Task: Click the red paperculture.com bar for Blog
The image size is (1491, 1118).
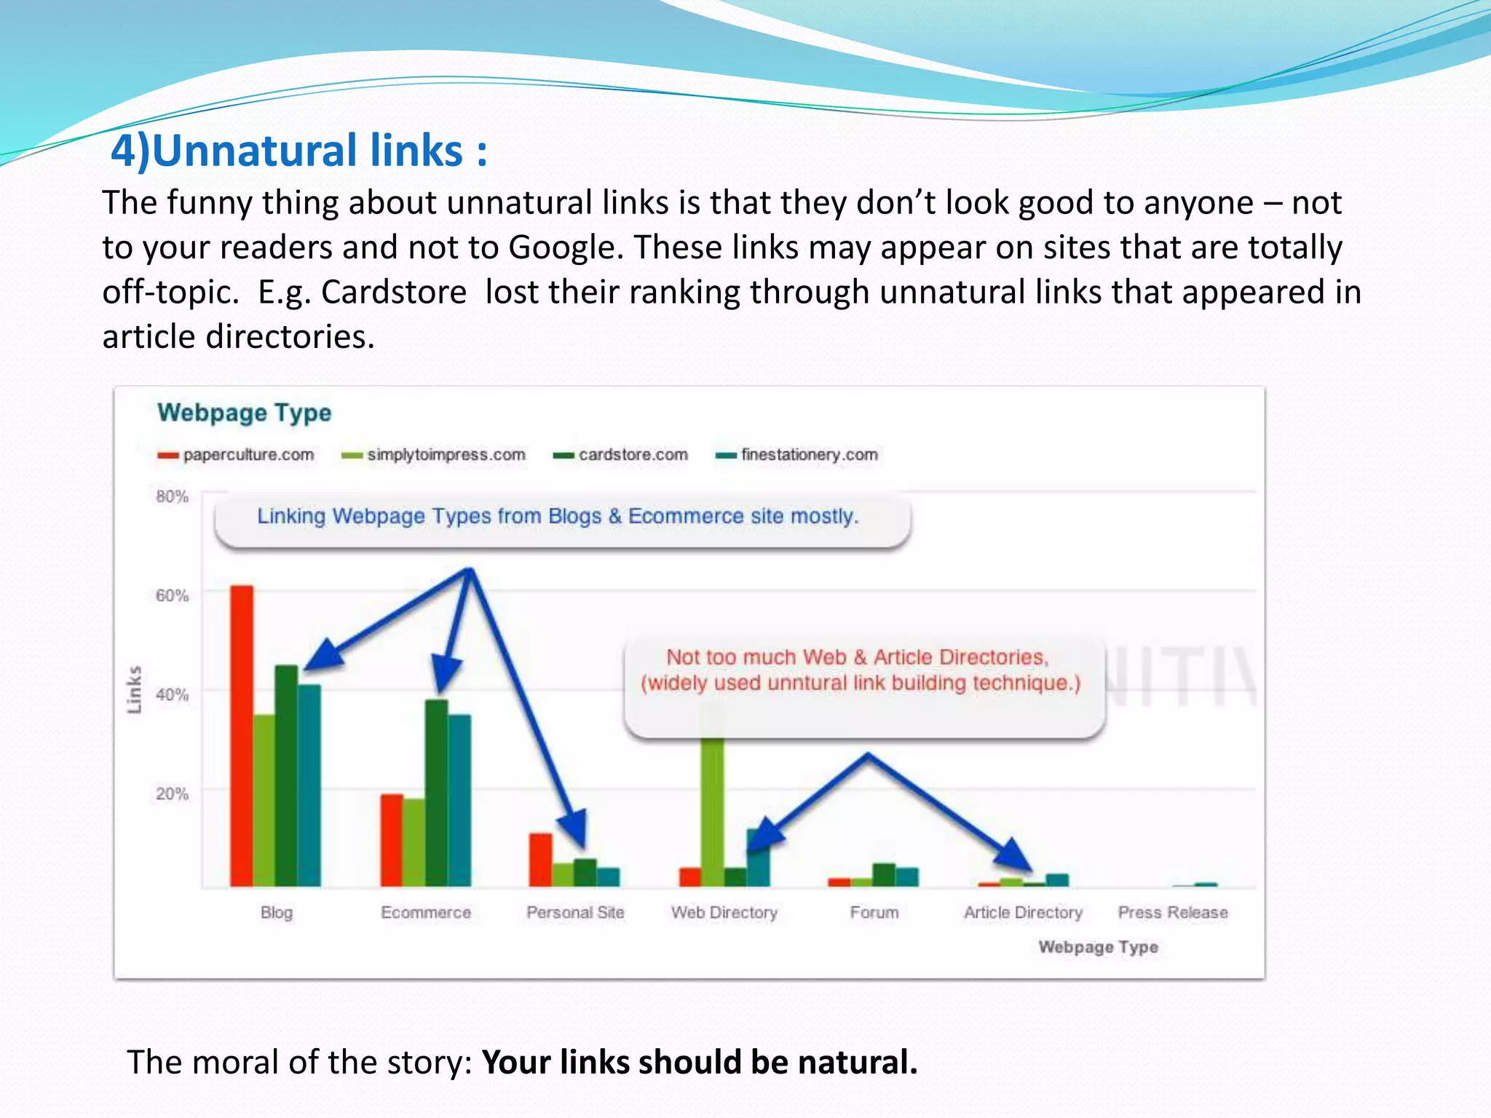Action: (x=242, y=735)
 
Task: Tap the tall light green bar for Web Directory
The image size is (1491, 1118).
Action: (x=713, y=808)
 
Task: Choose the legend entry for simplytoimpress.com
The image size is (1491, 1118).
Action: (x=434, y=455)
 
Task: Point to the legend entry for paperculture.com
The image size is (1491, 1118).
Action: (x=236, y=455)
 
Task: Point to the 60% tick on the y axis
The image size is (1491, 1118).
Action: (x=172, y=595)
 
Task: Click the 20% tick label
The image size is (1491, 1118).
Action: (x=172, y=793)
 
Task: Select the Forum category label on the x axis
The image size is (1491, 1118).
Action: (x=874, y=912)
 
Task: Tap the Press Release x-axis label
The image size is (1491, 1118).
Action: (x=1173, y=912)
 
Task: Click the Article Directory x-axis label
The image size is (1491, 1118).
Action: (x=1023, y=912)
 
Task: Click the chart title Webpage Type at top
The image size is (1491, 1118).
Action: (x=244, y=413)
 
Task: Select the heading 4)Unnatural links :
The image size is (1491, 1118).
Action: (x=298, y=151)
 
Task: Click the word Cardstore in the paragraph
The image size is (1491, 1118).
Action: (x=394, y=292)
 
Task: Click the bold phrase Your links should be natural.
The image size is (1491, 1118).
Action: (x=699, y=1062)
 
